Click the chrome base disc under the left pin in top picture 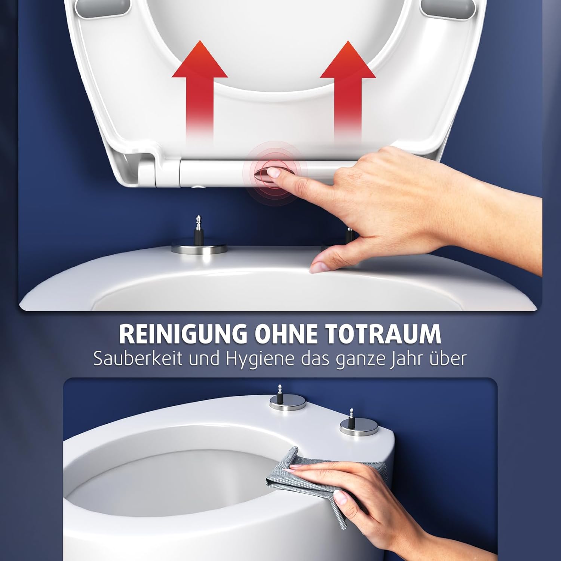click(199, 248)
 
